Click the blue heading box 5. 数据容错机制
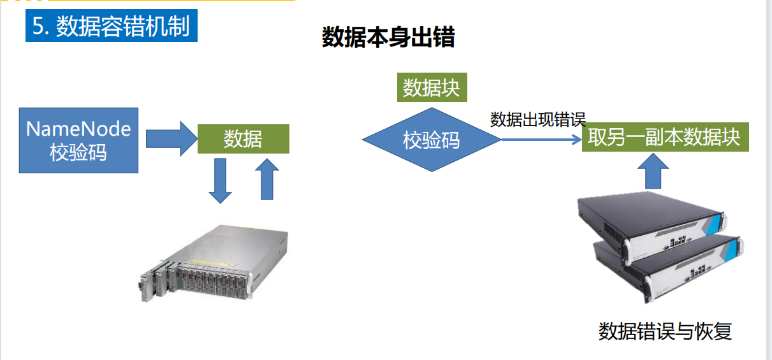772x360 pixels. [x=112, y=27]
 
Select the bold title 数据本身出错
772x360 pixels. [x=388, y=38]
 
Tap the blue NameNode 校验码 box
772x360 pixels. [x=78, y=140]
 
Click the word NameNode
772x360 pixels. [x=78, y=129]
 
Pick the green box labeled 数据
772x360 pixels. [x=244, y=139]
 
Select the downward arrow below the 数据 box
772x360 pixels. [x=221, y=180]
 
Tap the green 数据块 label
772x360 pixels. [x=432, y=88]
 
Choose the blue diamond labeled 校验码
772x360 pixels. [x=432, y=140]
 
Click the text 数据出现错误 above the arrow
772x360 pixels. [x=537, y=119]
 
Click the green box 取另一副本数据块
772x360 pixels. [x=665, y=138]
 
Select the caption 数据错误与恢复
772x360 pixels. [x=665, y=332]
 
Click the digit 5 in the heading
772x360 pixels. [x=38, y=27]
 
